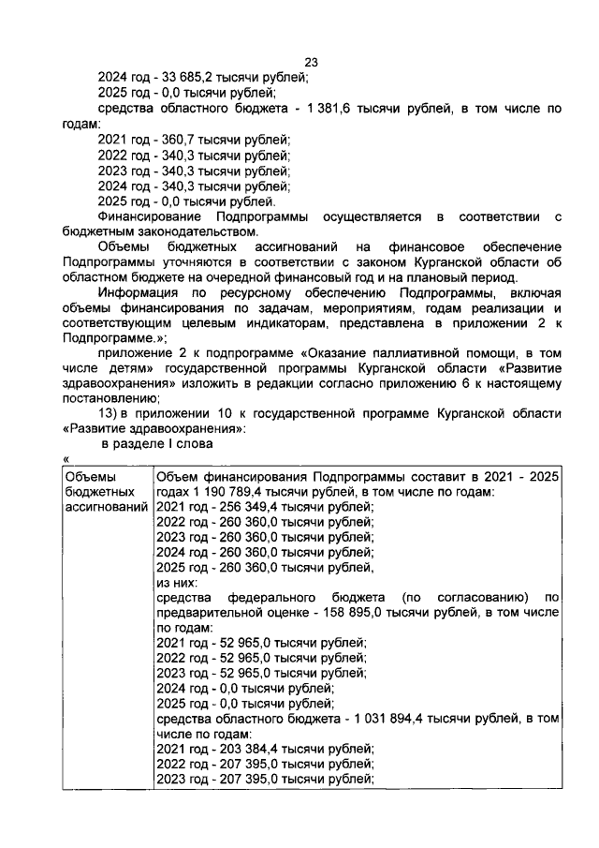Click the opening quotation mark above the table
(67, 456)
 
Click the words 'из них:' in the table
(177, 582)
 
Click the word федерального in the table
(266, 597)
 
